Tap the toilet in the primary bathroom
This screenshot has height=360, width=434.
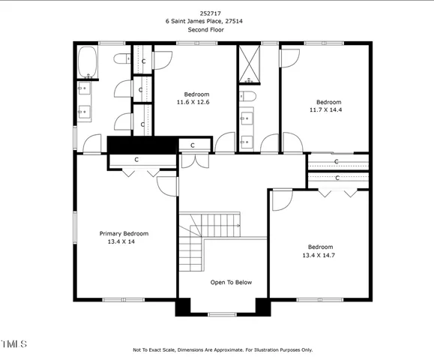tap(122, 58)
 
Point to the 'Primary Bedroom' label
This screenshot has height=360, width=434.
tap(124, 233)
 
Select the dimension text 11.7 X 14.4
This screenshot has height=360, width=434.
tap(328, 109)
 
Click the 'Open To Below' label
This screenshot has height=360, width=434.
tap(231, 282)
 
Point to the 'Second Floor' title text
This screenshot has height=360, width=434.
tap(216, 29)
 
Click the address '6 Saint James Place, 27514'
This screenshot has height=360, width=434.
tap(216, 22)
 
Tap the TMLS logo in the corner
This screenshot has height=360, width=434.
tap(13, 344)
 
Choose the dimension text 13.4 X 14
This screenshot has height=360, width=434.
tap(124, 241)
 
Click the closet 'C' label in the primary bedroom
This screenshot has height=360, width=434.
tap(136, 160)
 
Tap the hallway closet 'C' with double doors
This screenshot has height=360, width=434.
tap(193, 145)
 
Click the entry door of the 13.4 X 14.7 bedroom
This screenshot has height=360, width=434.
tap(281, 198)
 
